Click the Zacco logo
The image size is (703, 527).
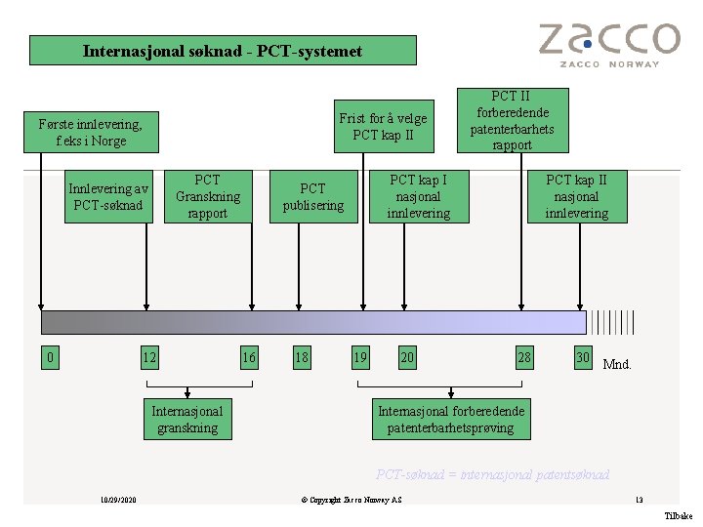tap(608, 44)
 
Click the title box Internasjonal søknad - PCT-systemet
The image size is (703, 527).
tap(223, 51)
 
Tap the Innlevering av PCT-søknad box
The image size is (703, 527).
tap(107, 197)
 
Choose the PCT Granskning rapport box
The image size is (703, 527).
tap(208, 196)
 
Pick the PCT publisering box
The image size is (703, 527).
tap(312, 196)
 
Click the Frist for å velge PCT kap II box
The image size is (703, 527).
tap(383, 127)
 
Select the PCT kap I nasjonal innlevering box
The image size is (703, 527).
tap(418, 196)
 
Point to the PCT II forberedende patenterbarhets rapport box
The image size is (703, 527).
tap(512, 121)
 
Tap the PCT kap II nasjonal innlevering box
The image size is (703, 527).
tap(576, 196)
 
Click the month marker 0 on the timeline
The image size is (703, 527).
tap(51, 358)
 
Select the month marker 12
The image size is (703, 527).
tap(149, 358)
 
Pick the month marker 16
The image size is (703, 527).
tap(249, 358)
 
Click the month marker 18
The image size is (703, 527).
tap(302, 358)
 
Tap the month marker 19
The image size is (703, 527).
tap(360, 358)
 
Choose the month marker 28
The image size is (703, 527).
tap(524, 358)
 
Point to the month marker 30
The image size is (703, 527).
tap(583, 358)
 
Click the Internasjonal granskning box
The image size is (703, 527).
tap(187, 420)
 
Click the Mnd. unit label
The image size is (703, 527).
tap(617, 365)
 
